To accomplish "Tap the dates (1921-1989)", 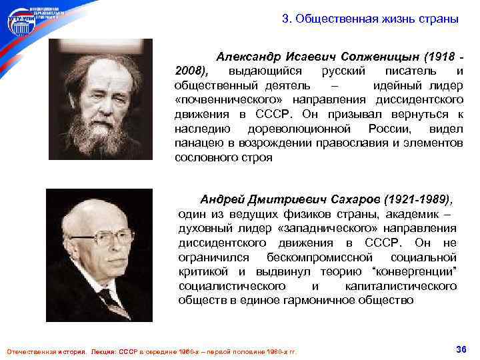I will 424,199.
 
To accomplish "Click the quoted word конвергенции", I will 417,271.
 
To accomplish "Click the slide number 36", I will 460,350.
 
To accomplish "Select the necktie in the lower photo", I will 107,303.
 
